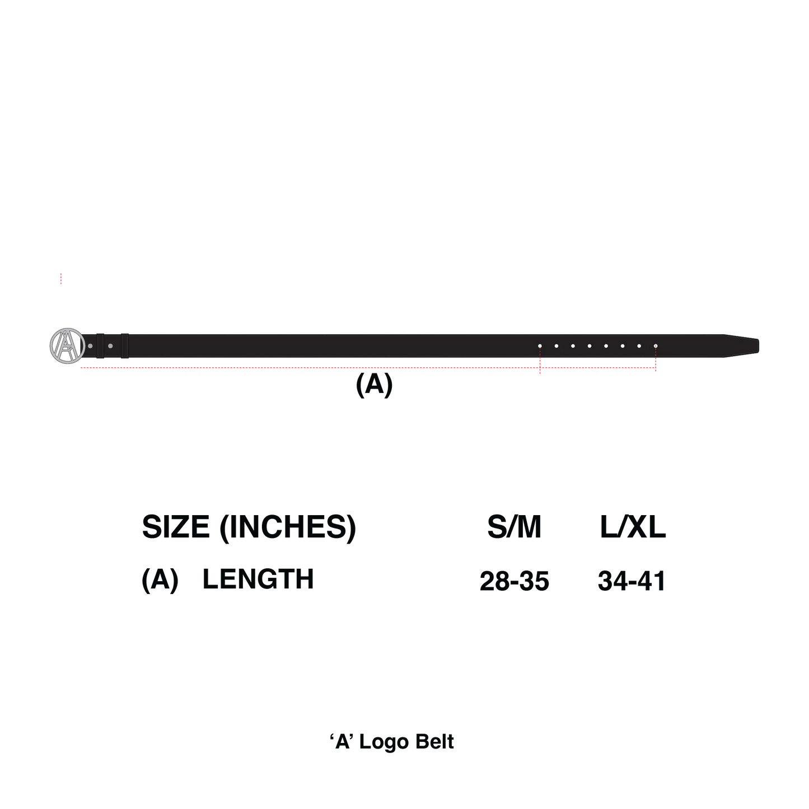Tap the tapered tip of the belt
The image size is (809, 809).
click(x=758, y=346)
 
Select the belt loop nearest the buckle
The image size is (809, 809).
click(x=100, y=346)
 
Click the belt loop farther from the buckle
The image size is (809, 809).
click(x=125, y=346)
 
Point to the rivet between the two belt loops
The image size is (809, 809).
click(x=110, y=346)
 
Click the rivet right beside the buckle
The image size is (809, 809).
click(x=90, y=346)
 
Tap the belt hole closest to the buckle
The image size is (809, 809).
click(x=540, y=346)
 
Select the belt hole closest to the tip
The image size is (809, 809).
click(x=656, y=346)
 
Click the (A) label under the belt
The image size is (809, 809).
click(x=374, y=384)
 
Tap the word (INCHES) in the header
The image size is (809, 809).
click(x=288, y=528)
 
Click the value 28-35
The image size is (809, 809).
click(x=515, y=581)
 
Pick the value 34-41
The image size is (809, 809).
click(x=632, y=581)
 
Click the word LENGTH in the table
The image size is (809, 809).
click(x=258, y=579)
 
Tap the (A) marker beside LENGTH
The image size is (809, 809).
click(x=160, y=580)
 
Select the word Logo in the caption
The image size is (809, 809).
click(x=384, y=743)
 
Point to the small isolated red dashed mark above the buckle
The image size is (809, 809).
click(x=61, y=279)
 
